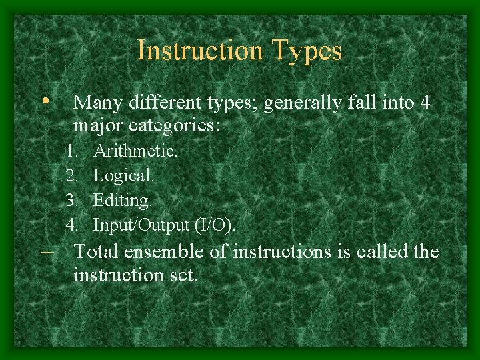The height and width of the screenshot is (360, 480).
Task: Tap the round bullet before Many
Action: click(x=45, y=101)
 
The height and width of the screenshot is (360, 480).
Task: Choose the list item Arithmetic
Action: click(x=135, y=151)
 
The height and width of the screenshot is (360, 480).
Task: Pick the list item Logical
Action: click(x=123, y=176)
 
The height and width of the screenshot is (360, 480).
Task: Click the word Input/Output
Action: click(x=142, y=225)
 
